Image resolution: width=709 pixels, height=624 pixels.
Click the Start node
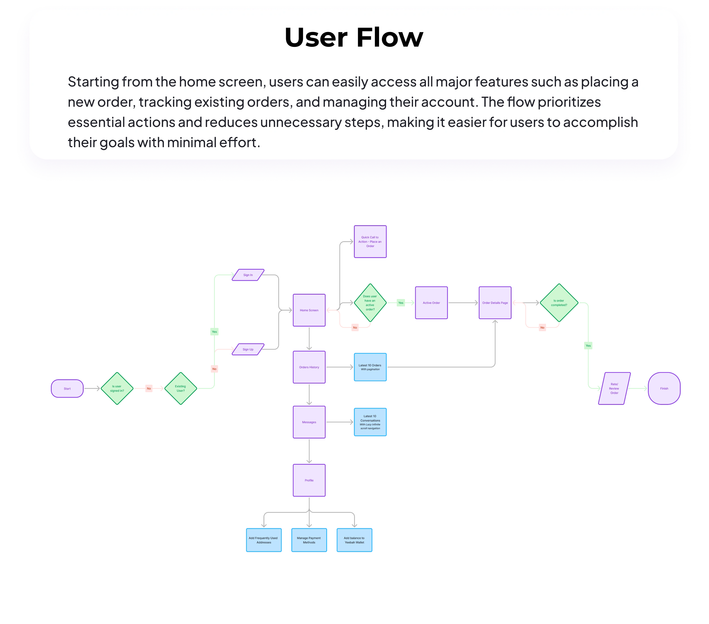pyautogui.click(x=67, y=388)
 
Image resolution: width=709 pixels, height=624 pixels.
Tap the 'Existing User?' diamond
pyautogui.click(x=180, y=388)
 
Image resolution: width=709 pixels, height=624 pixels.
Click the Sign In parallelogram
pyautogui.click(x=248, y=275)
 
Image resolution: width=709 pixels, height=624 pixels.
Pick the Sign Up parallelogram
pyautogui.click(x=248, y=349)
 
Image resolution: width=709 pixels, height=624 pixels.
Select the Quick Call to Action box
pyautogui.click(x=370, y=242)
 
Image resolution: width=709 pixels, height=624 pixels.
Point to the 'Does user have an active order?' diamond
pyautogui.click(x=370, y=303)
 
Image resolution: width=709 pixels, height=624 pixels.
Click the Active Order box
pyautogui.click(x=431, y=303)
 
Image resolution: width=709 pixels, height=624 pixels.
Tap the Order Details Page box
pyautogui.click(x=495, y=303)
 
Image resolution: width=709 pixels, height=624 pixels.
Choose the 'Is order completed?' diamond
pyautogui.click(x=559, y=303)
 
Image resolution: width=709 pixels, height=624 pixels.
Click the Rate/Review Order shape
pyautogui.click(x=614, y=388)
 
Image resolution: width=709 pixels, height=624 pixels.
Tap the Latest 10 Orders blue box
pyautogui.click(x=370, y=367)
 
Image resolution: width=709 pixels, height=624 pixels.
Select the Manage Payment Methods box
pyautogui.click(x=309, y=540)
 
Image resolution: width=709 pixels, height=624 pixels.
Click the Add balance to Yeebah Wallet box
pyautogui.click(x=354, y=540)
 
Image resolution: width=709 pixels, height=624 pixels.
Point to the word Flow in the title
pyautogui.click(x=389, y=37)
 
